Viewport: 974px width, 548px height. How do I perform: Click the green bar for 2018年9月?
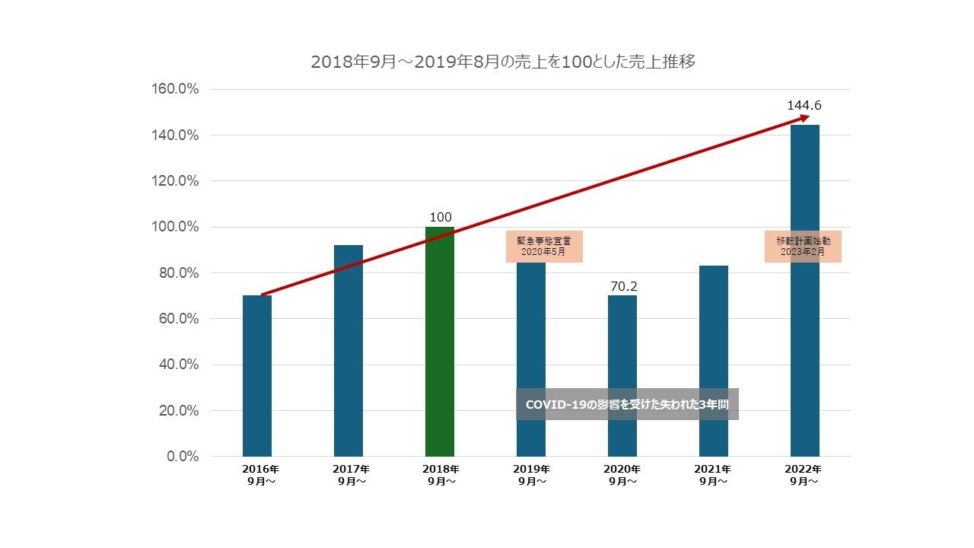(440, 342)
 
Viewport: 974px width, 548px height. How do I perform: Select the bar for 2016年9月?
(257, 376)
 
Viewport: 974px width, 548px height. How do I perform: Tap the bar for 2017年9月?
(349, 350)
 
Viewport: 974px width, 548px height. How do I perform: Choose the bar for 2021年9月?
(714, 361)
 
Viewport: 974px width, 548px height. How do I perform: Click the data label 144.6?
(804, 106)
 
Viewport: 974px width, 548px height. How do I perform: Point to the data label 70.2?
(623, 286)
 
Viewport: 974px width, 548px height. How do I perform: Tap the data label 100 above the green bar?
(441, 218)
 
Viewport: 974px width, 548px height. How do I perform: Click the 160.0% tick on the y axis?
(176, 89)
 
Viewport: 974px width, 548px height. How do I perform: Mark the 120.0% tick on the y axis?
(176, 181)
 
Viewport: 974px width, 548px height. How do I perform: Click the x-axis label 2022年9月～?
(804, 475)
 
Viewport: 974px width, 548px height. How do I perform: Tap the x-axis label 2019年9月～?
(531, 475)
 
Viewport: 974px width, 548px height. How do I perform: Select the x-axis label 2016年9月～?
(257, 475)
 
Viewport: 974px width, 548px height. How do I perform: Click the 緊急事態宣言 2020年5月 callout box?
(544, 246)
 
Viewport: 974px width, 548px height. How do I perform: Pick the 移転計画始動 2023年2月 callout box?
(804, 246)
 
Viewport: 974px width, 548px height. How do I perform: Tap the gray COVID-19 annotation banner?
(627, 404)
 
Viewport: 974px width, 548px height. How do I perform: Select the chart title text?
(503, 62)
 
